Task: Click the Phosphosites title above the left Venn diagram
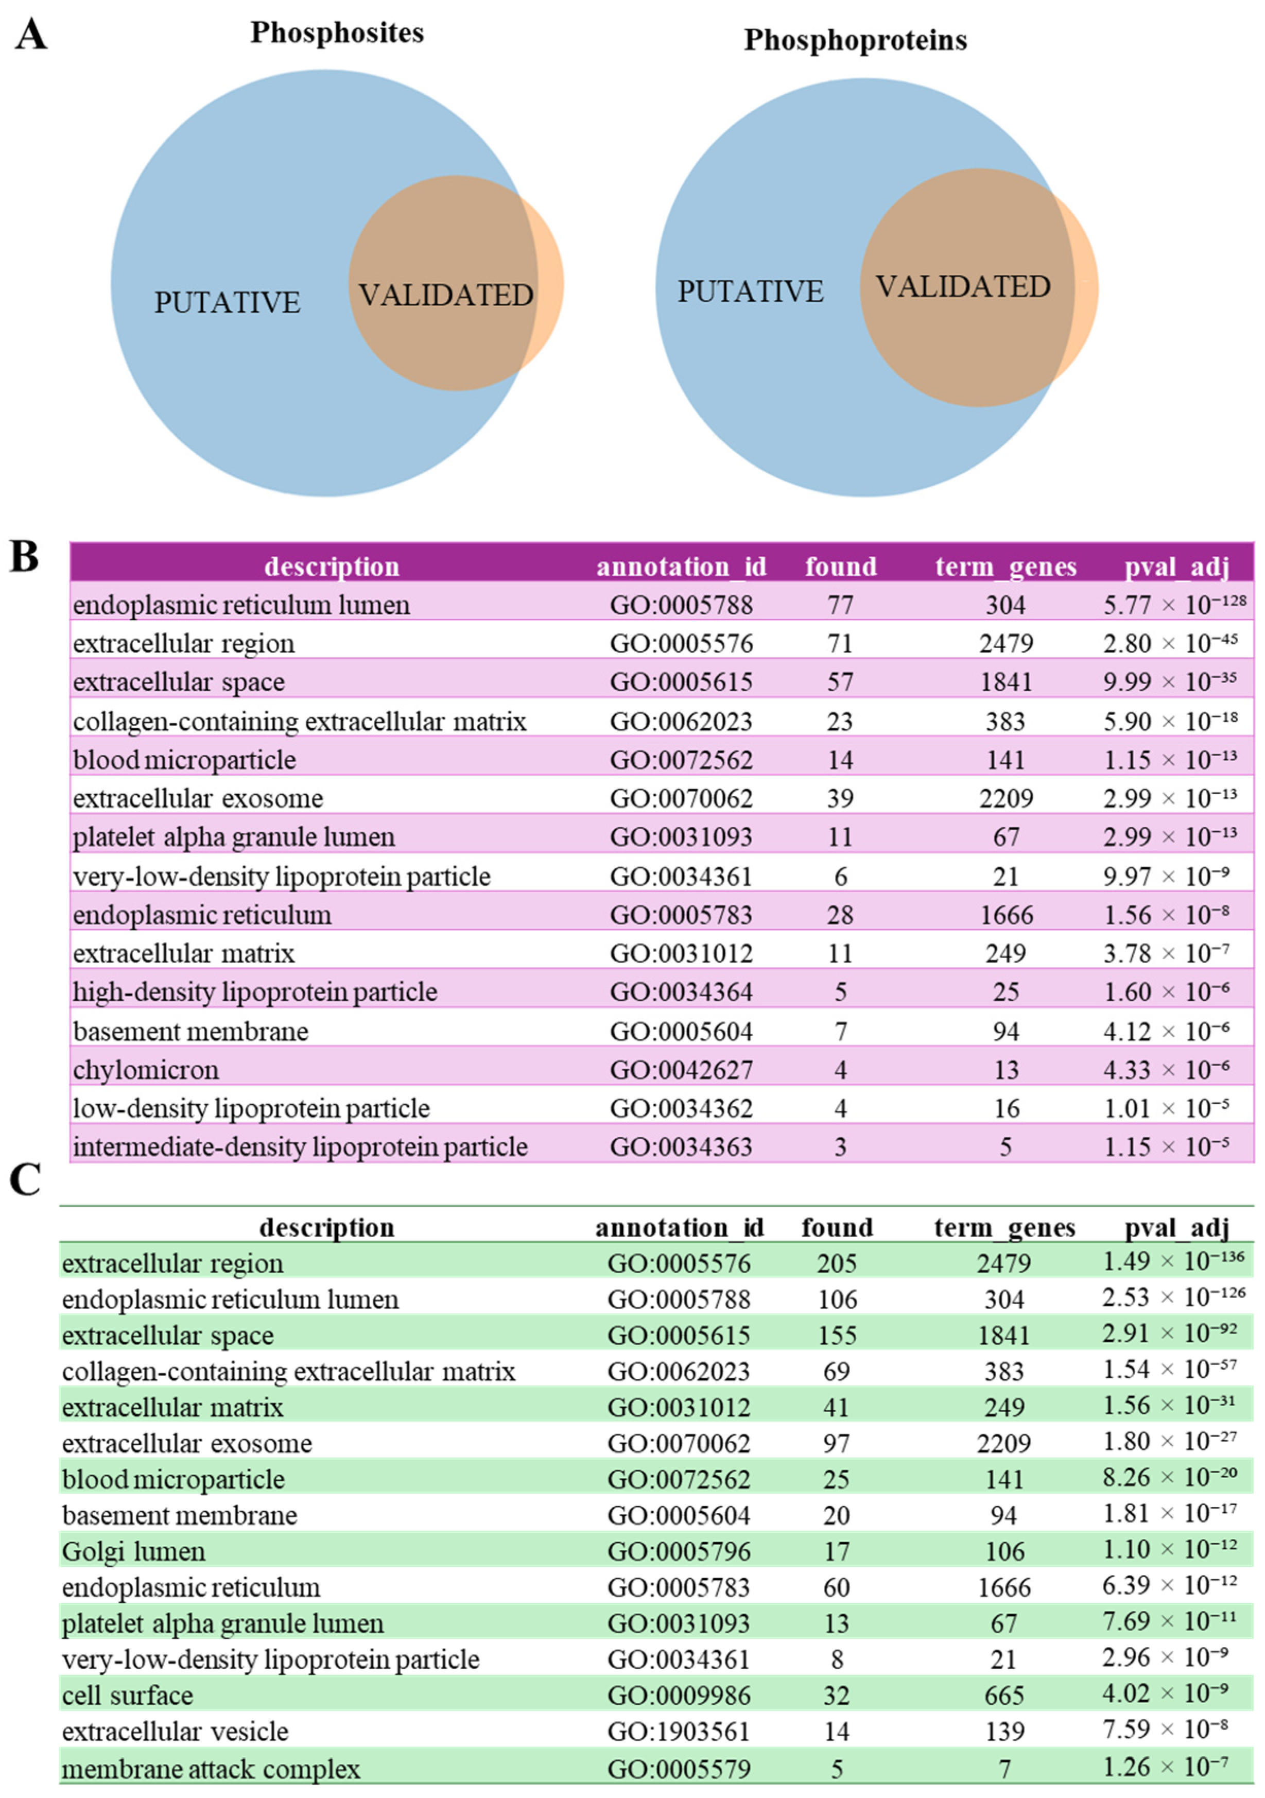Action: (337, 33)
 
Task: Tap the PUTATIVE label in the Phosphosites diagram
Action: (227, 302)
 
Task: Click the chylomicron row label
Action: (146, 1070)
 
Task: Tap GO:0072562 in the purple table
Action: (681, 760)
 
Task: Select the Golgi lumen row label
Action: (134, 1551)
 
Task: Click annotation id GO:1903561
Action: (679, 1732)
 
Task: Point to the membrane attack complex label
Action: (212, 1769)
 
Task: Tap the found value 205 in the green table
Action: (837, 1263)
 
